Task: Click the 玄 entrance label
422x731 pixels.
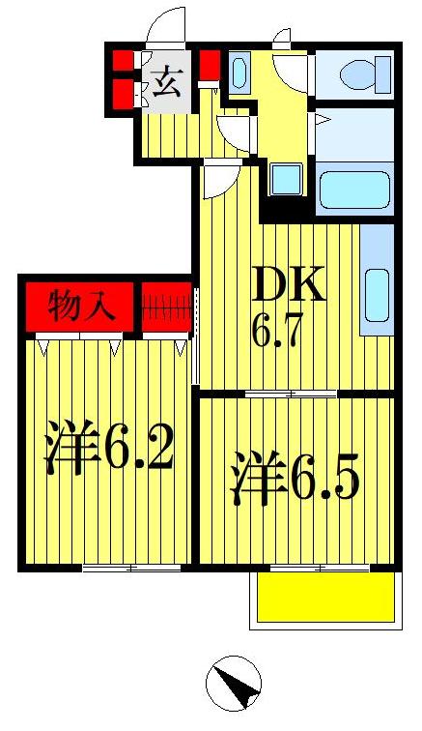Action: [x=165, y=83]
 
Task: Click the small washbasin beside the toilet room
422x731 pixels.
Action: [x=239, y=73]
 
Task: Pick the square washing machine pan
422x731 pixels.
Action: [x=286, y=180]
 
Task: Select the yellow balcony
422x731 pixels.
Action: [x=325, y=599]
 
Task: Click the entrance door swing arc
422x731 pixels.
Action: [x=165, y=26]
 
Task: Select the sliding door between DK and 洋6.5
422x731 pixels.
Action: [x=290, y=393]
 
